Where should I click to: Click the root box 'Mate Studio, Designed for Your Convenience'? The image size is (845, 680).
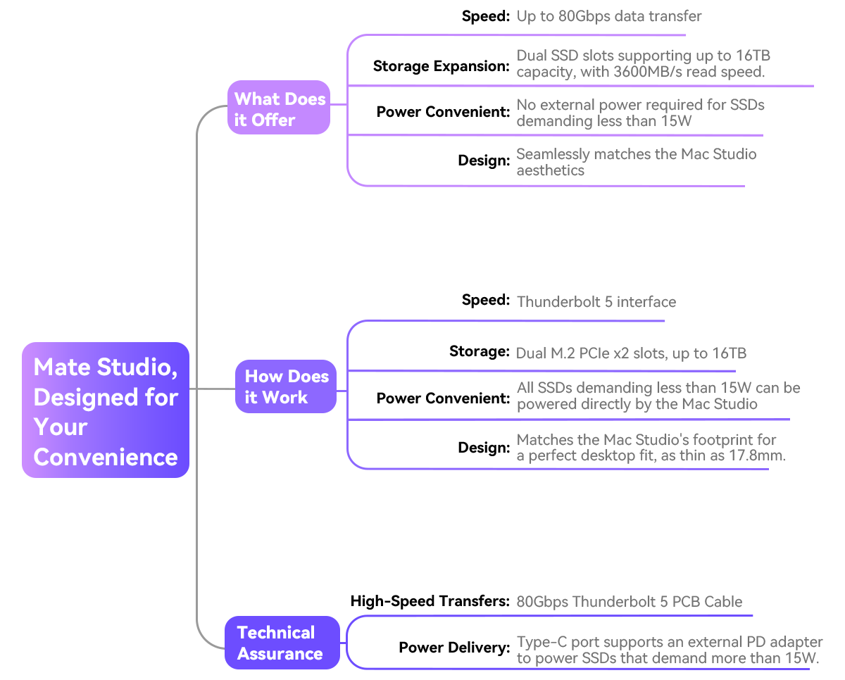pos(106,410)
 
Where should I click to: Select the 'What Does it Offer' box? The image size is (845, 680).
pos(279,108)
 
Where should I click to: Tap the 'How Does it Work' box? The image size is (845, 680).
pos(286,386)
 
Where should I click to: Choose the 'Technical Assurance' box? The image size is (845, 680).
pos(282,643)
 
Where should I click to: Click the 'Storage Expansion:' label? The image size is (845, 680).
pos(442,66)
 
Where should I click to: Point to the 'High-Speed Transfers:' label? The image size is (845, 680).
pos(430,601)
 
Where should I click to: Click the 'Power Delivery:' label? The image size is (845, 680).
pos(454,648)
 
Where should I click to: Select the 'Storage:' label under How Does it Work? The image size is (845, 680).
pos(480,351)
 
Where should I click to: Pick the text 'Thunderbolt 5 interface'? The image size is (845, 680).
pos(596,302)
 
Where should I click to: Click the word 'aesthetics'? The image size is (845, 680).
pos(551,170)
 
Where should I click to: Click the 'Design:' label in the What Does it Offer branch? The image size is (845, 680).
pos(484,160)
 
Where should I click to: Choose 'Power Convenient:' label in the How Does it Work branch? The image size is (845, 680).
pos(443,398)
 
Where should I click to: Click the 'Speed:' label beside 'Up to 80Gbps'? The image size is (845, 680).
pos(486,16)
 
